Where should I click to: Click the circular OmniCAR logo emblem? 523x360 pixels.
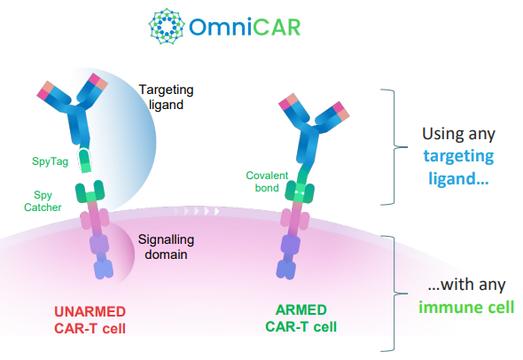tap(167, 27)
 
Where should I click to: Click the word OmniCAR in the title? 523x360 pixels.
tap(245, 27)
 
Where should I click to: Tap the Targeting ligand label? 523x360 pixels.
tap(166, 97)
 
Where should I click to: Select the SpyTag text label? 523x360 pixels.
tap(50, 161)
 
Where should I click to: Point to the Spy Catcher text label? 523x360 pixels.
tap(43, 201)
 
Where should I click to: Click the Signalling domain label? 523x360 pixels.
tap(166, 247)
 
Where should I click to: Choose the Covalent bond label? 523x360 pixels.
tap(267, 182)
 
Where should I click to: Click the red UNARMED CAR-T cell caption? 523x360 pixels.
tap(90, 320)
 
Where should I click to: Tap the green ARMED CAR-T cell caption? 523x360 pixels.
tap(301, 318)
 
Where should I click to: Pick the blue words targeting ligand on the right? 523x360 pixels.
tap(458, 168)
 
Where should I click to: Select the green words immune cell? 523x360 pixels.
tap(466, 308)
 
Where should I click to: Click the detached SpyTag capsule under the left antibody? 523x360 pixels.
tap(84, 160)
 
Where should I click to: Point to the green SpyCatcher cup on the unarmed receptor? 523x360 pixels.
tap(90, 192)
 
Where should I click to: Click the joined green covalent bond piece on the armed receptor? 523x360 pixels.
tap(300, 192)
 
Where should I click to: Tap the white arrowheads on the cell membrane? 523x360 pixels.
tap(197, 211)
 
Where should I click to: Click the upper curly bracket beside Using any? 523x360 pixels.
tap(394, 147)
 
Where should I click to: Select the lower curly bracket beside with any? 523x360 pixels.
tap(394, 293)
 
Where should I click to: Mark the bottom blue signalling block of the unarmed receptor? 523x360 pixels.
tap(104, 270)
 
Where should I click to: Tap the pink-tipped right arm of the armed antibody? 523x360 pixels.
tap(332, 116)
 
